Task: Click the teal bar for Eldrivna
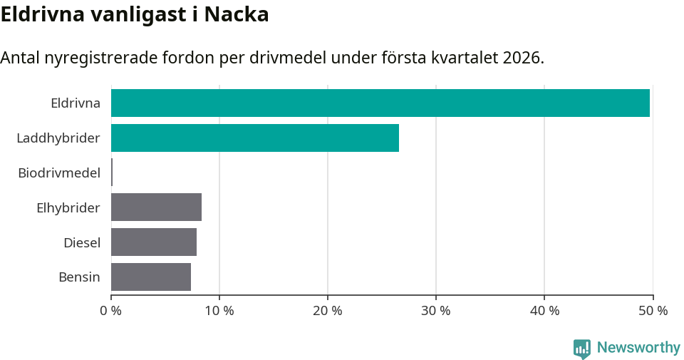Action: tap(380, 103)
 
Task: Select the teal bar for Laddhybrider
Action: tap(255, 138)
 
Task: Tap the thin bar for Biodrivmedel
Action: tap(112, 173)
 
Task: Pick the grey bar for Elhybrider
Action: tap(156, 207)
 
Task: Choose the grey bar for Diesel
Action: tap(154, 242)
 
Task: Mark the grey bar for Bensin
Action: tap(151, 277)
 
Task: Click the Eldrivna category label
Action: tap(76, 103)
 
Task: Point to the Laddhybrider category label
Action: tap(58, 138)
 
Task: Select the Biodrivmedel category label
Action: tap(59, 173)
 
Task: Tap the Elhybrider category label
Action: tap(68, 207)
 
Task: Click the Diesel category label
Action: tap(82, 242)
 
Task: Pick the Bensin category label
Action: tap(79, 277)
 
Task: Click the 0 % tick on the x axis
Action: tap(111, 311)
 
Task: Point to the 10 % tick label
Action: tap(219, 311)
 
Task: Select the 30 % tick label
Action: tap(436, 311)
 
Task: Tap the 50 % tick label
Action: tap(653, 311)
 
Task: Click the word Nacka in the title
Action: tap(237, 14)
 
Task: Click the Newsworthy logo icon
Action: tap(582, 349)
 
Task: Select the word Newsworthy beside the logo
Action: tap(638, 348)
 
